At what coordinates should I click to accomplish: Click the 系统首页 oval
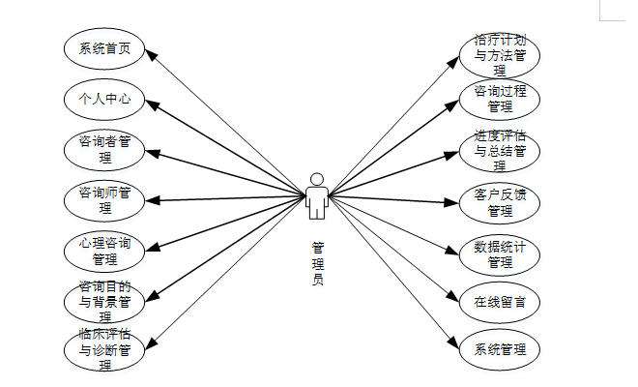[x=104, y=48]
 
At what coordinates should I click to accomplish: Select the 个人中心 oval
[x=104, y=99]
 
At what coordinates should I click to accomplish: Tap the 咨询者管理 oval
[x=104, y=150]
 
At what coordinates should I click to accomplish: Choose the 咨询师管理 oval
[x=104, y=200]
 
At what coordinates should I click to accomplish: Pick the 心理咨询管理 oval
[x=104, y=251]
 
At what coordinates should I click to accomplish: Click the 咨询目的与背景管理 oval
[x=104, y=301]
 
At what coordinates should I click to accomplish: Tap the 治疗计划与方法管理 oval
[x=500, y=54]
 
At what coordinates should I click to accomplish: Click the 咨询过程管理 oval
[x=500, y=100]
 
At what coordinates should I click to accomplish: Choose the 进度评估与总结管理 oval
[x=500, y=151]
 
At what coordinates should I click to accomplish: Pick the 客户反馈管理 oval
[x=500, y=202]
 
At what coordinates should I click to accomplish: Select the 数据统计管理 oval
[x=500, y=253]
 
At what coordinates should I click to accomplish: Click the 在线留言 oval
[x=500, y=302]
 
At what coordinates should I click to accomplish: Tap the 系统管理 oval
[x=500, y=349]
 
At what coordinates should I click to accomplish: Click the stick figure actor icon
[x=317, y=196]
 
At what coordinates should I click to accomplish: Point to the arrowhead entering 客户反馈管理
[x=454, y=202]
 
